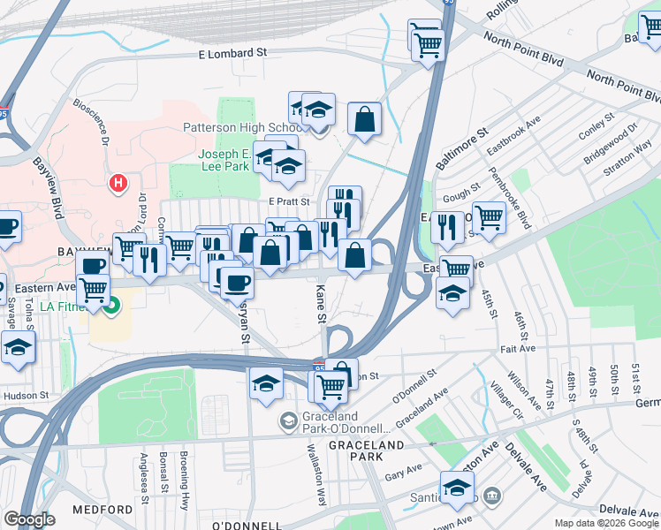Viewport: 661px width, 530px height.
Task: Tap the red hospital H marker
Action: click(x=117, y=184)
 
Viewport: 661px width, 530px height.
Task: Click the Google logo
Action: click(x=30, y=519)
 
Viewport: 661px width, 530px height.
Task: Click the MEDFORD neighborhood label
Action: click(x=103, y=511)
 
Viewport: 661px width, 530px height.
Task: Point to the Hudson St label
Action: click(x=24, y=397)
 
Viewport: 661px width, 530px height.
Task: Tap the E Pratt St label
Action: click(x=289, y=201)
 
